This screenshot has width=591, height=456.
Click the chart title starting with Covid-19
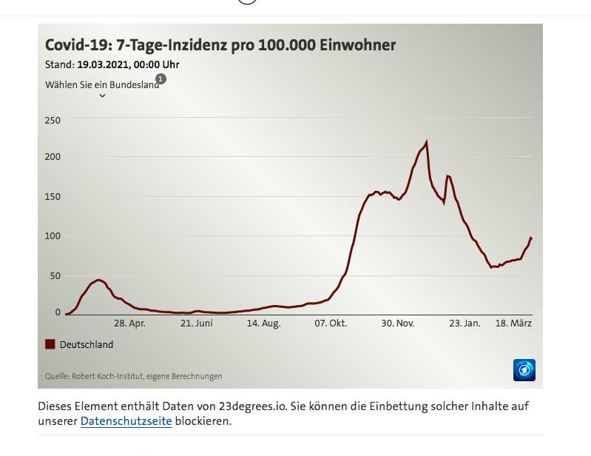(x=220, y=45)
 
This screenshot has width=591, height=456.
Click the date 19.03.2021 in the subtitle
(x=104, y=64)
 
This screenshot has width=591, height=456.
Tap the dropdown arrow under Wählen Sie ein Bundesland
(x=102, y=95)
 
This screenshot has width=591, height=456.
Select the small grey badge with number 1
(x=161, y=78)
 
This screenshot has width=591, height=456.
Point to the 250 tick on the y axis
(x=53, y=120)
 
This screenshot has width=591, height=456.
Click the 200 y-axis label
(x=53, y=157)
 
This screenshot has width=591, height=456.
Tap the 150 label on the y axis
(x=53, y=196)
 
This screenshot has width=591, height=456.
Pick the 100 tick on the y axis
(x=53, y=235)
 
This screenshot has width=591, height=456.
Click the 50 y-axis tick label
(x=55, y=275)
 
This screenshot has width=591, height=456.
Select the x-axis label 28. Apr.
(x=129, y=323)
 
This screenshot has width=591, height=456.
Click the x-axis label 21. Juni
(x=197, y=323)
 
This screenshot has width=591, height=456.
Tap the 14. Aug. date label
(x=263, y=323)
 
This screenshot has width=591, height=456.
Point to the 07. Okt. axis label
(x=331, y=323)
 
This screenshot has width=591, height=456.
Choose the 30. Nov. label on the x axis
(x=398, y=323)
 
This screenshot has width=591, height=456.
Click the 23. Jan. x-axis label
(x=465, y=323)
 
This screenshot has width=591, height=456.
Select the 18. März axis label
(x=513, y=323)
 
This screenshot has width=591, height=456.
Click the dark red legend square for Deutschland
(x=50, y=344)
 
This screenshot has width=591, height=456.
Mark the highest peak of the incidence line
(x=427, y=141)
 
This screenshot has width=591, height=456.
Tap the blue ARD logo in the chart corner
(x=524, y=369)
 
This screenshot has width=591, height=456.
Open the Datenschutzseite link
(x=126, y=421)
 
